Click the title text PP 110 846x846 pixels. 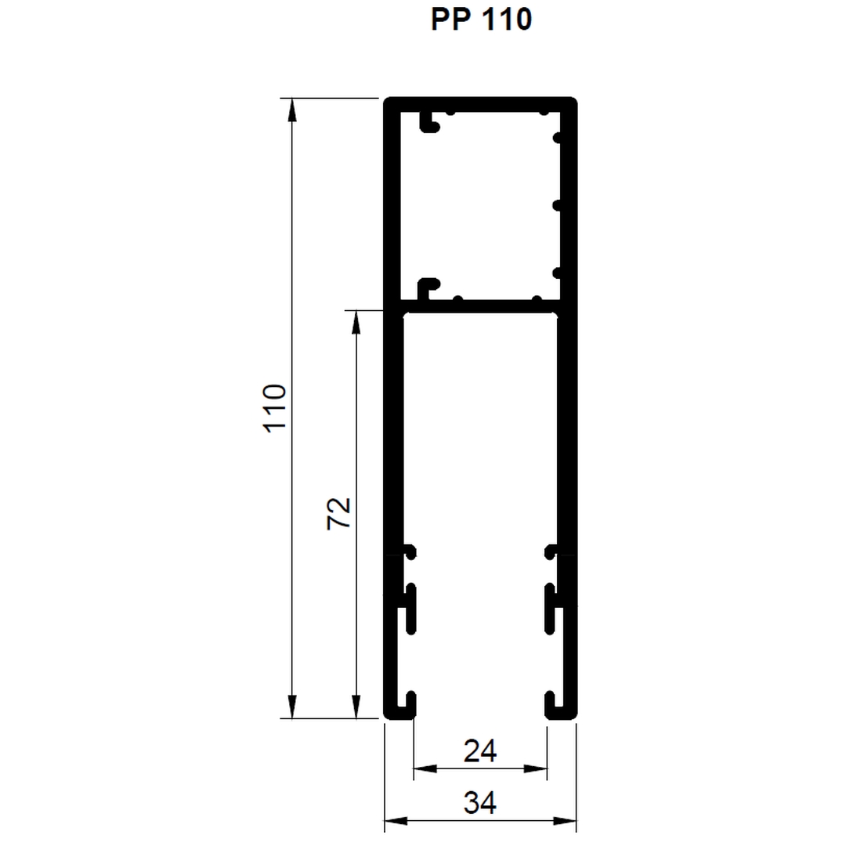[481, 20]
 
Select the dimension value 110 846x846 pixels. [275, 408]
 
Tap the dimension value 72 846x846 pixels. [339, 514]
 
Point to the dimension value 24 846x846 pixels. [479, 750]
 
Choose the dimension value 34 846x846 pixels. [479, 802]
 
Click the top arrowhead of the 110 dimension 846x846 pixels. [292, 110]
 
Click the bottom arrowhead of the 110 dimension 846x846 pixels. [292, 707]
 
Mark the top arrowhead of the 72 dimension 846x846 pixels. [356, 322]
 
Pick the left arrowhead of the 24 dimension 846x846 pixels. [425, 768]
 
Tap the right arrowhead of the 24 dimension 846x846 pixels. [535, 768]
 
